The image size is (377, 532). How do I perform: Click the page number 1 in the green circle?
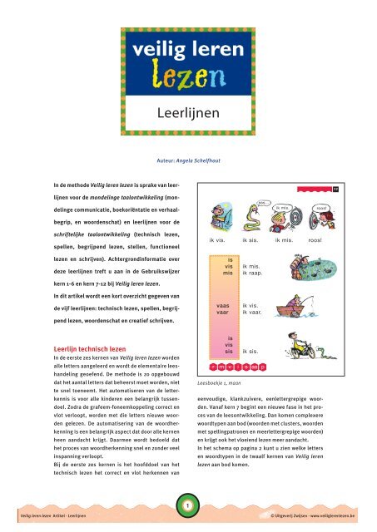[188, 505]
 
